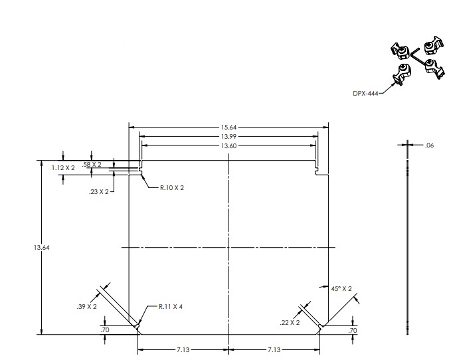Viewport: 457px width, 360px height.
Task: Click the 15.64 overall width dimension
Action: point(228,128)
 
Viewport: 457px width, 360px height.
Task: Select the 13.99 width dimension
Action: point(228,136)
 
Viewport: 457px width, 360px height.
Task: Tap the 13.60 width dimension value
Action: point(228,145)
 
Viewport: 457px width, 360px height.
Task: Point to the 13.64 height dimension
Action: point(42,248)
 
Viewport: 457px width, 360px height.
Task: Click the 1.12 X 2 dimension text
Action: point(63,168)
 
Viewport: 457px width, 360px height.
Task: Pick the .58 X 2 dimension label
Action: point(92,165)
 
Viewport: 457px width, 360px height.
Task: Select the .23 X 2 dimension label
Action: point(99,192)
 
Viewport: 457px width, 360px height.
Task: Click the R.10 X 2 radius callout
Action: point(172,188)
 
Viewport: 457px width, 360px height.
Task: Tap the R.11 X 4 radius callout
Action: point(171,307)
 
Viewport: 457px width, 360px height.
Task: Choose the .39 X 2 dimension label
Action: point(87,307)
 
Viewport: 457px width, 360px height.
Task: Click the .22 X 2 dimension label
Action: point(290,323)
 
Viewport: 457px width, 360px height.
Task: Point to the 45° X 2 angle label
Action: point(341,288)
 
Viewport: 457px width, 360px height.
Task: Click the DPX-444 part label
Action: point(365,94)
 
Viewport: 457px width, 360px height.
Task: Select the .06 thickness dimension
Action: point(429,145)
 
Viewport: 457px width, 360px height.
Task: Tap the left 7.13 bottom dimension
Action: point(183,349)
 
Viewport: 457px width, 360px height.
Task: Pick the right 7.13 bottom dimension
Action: point(274,349)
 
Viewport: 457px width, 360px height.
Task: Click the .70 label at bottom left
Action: point(105,330)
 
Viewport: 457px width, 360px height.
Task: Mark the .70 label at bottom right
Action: point(352,331)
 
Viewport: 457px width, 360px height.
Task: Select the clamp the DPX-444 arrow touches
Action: point(401,74)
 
